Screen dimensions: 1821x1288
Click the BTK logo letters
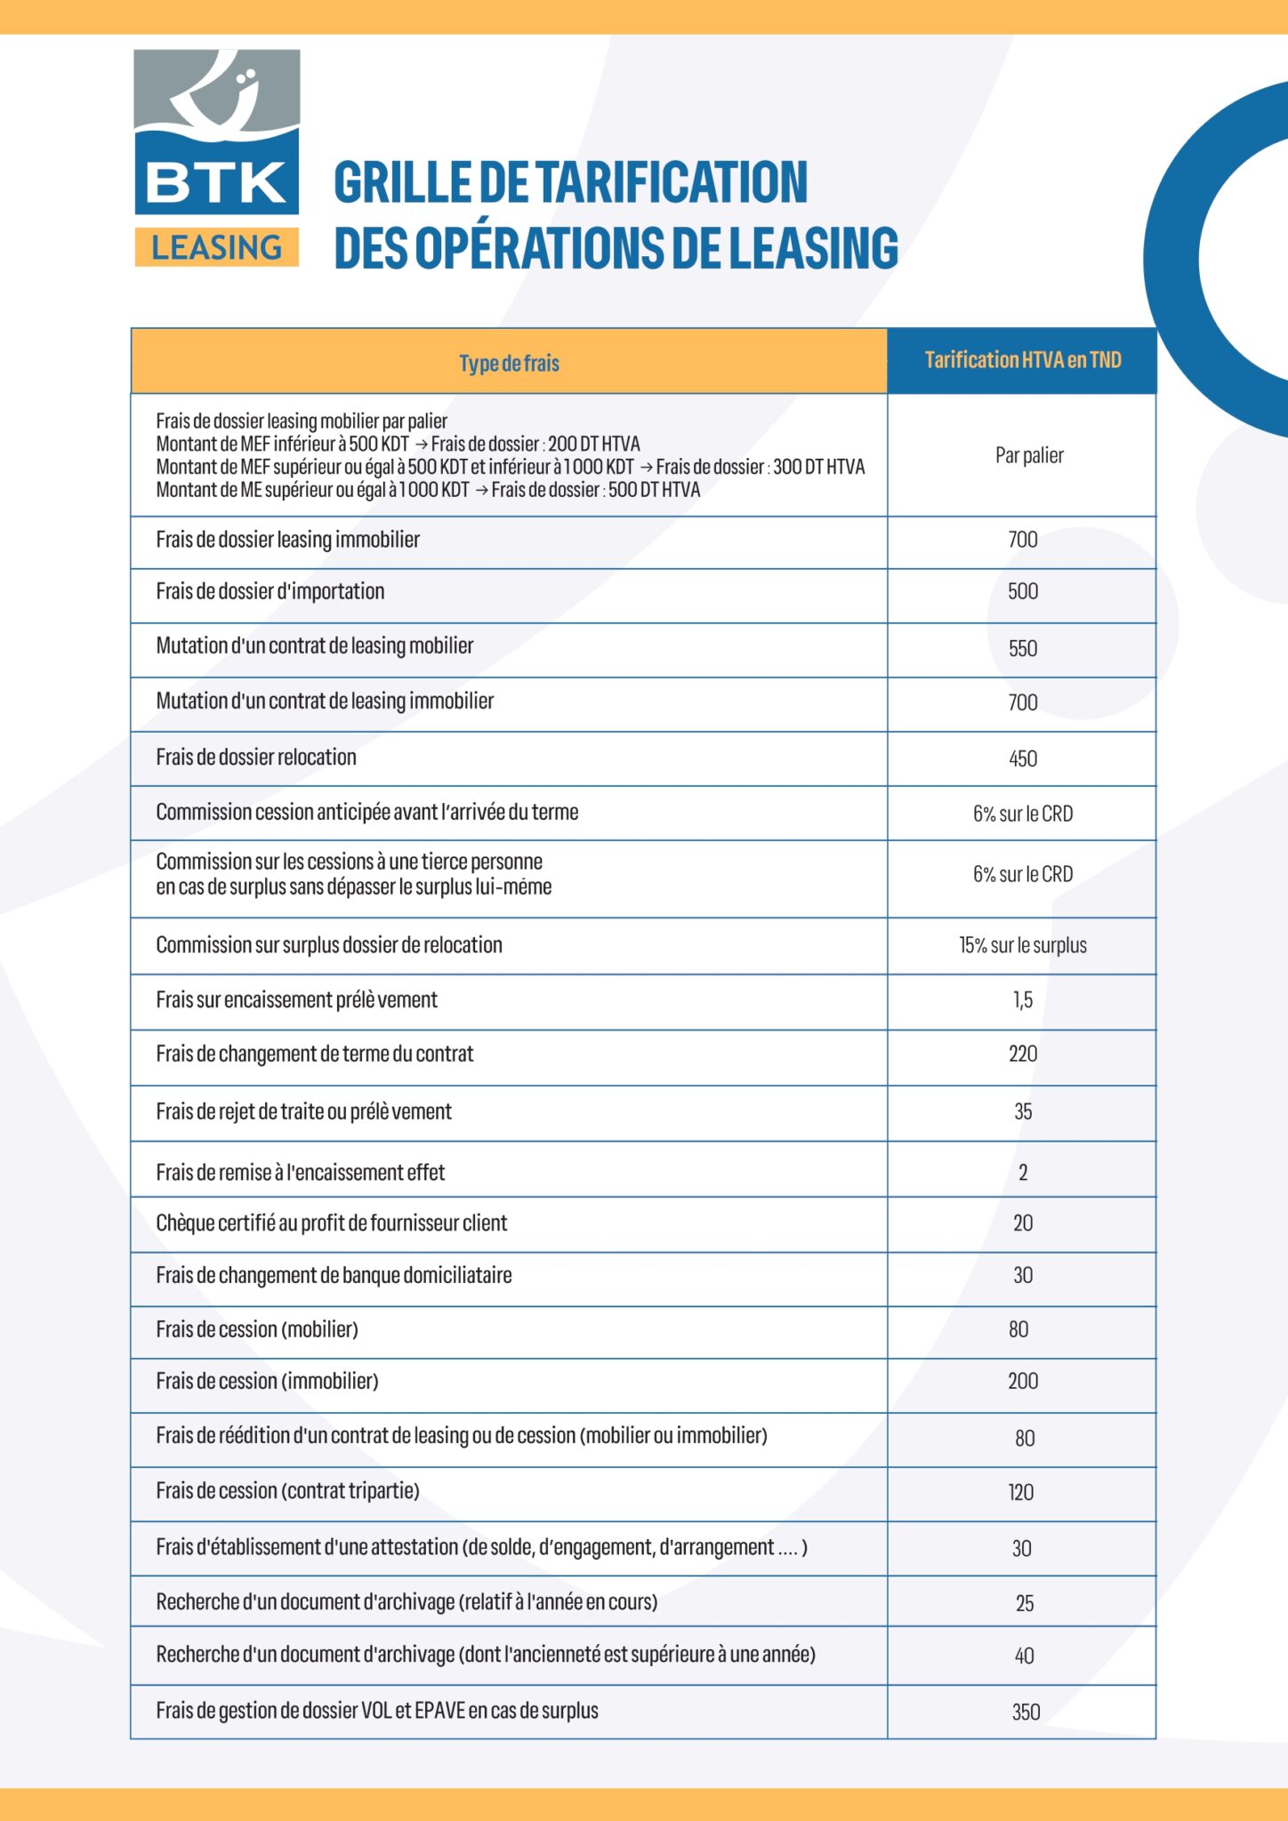click(x=216, y=183)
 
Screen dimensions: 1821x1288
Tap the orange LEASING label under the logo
click(x=216, y=247)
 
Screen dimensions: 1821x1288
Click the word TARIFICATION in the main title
click(x=675, y=182)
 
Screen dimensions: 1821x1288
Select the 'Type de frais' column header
click(x=509, y=363)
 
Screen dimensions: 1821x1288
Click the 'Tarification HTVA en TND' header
click(x=1022, y=360)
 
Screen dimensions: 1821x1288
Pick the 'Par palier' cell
click(x=1029, y=455)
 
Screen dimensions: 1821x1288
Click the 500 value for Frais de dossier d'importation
click(x=1023, y=592)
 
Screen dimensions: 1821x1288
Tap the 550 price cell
click(x=1023, y=649)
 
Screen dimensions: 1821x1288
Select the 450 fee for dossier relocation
click(x=1023, y=759)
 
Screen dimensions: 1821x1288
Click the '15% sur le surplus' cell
click(x=1023, y=946)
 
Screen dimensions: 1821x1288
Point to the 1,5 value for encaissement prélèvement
click(x=1023, y=1000)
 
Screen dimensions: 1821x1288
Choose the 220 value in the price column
click(x=1023, y=1055)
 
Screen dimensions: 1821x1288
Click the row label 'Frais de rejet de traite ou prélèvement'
click(x=303, y=1111)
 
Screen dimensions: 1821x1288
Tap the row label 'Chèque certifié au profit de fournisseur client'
click(x=331, y=1223)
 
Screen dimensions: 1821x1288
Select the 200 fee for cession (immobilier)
click(x=1023, y=1382)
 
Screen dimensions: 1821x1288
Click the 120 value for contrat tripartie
click(x=1021, y=1493)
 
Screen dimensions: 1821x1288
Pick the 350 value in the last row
click(x=1026, y=1713)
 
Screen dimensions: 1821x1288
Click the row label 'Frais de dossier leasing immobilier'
click(x=287, y=540)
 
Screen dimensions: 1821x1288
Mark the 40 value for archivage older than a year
click(x=1024, y=1657)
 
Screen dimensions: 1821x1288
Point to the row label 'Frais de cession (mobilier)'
click(x=257, y=1330)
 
